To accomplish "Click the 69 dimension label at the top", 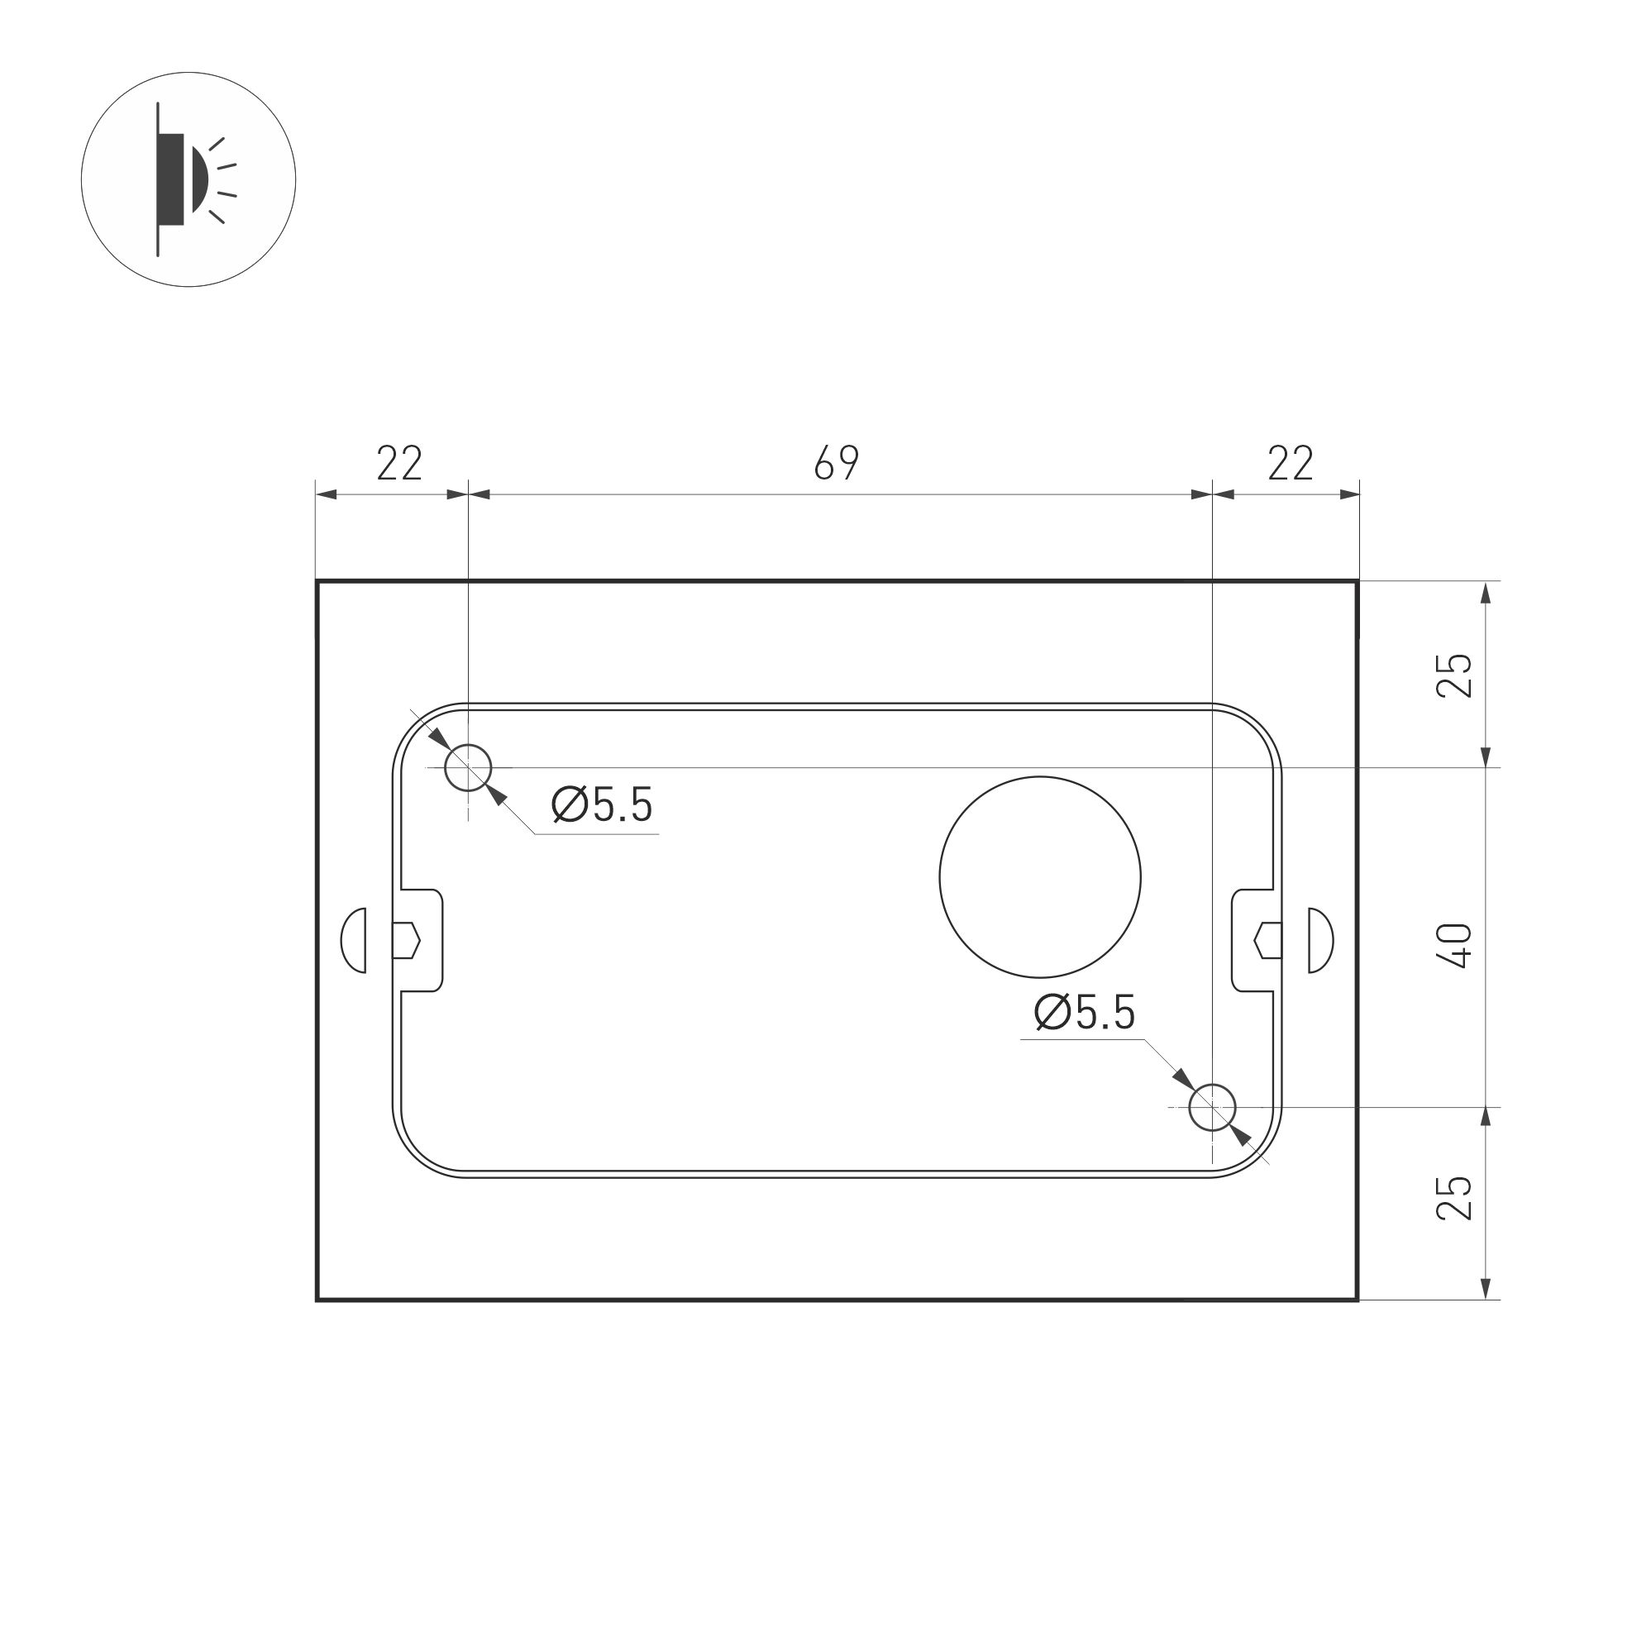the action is (x=836, y=463).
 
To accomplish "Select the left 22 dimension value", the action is (x=400, y=463).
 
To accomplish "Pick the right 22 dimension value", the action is (x=1291, y=463).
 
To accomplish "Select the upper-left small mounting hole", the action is (x=468, y=767).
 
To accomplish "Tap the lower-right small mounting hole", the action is (x=1213, y=1107).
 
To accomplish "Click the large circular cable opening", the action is (x=1040, y=877).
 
